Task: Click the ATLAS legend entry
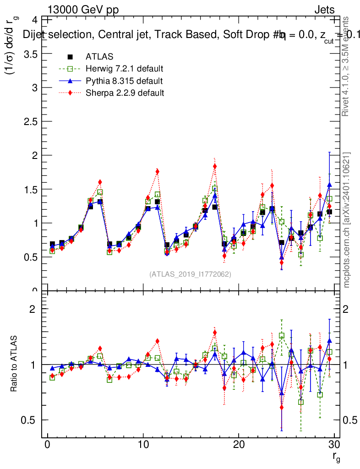point(99,57)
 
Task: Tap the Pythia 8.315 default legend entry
point(124,81)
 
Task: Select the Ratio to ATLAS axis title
point(14,364)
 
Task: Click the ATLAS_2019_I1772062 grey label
point(190,274)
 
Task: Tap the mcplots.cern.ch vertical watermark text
point(347,220)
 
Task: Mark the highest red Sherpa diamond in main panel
point(215,166)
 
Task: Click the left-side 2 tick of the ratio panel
point(33,309)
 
